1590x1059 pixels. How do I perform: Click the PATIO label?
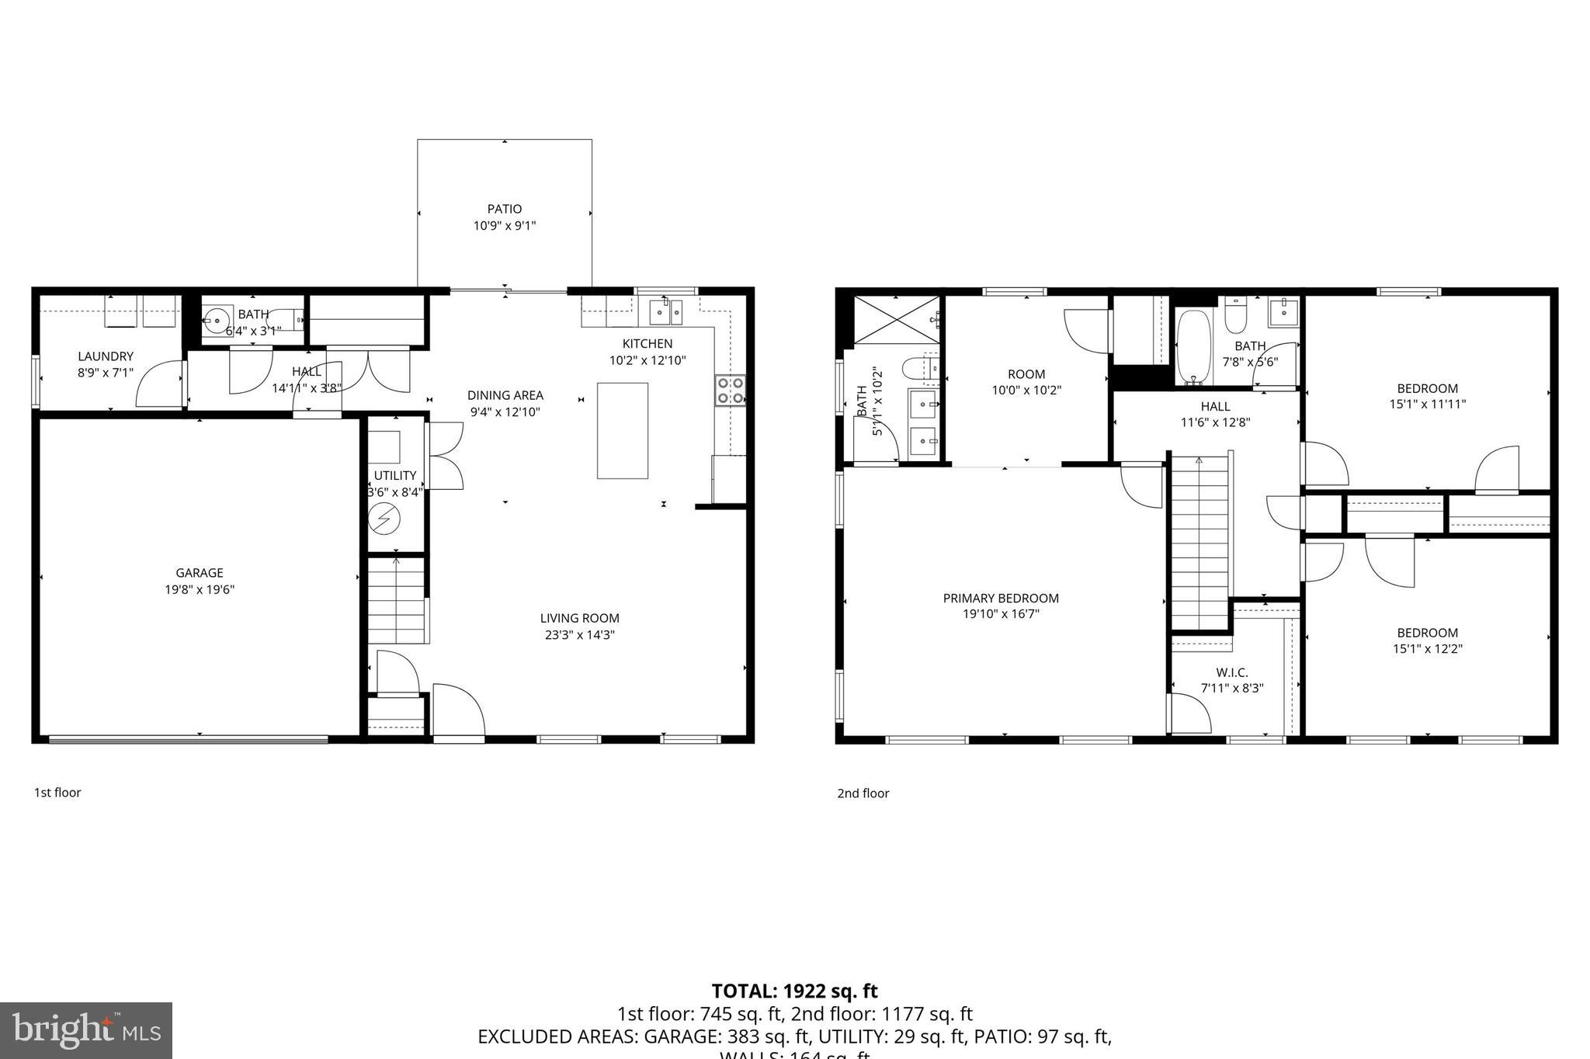click(505, 209)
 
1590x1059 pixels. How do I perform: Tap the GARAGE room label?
click(200, 573)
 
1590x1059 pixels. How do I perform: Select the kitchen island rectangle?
click(623, 431)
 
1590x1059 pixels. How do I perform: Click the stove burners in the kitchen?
click(730, 391)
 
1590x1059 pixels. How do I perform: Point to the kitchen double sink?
click(666, 314)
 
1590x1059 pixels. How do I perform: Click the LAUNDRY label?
click(106, 356)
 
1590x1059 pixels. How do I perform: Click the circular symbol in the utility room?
click(384, 519)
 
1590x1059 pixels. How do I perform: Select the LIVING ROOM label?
click(579, 618)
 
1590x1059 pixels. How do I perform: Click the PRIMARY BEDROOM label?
click(1001, 598)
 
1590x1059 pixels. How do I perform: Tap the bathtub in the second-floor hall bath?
click(1192, 348)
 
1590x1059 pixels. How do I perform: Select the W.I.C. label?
click(1232, 672)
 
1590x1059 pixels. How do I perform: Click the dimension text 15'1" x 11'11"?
click(1428, 405)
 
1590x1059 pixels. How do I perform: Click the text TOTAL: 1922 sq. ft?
click(794, 991)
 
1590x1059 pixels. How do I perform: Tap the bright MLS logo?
click(86, 1030)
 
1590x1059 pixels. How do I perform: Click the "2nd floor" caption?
click(863, 793)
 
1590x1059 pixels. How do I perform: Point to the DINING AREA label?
click(505, 395)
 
